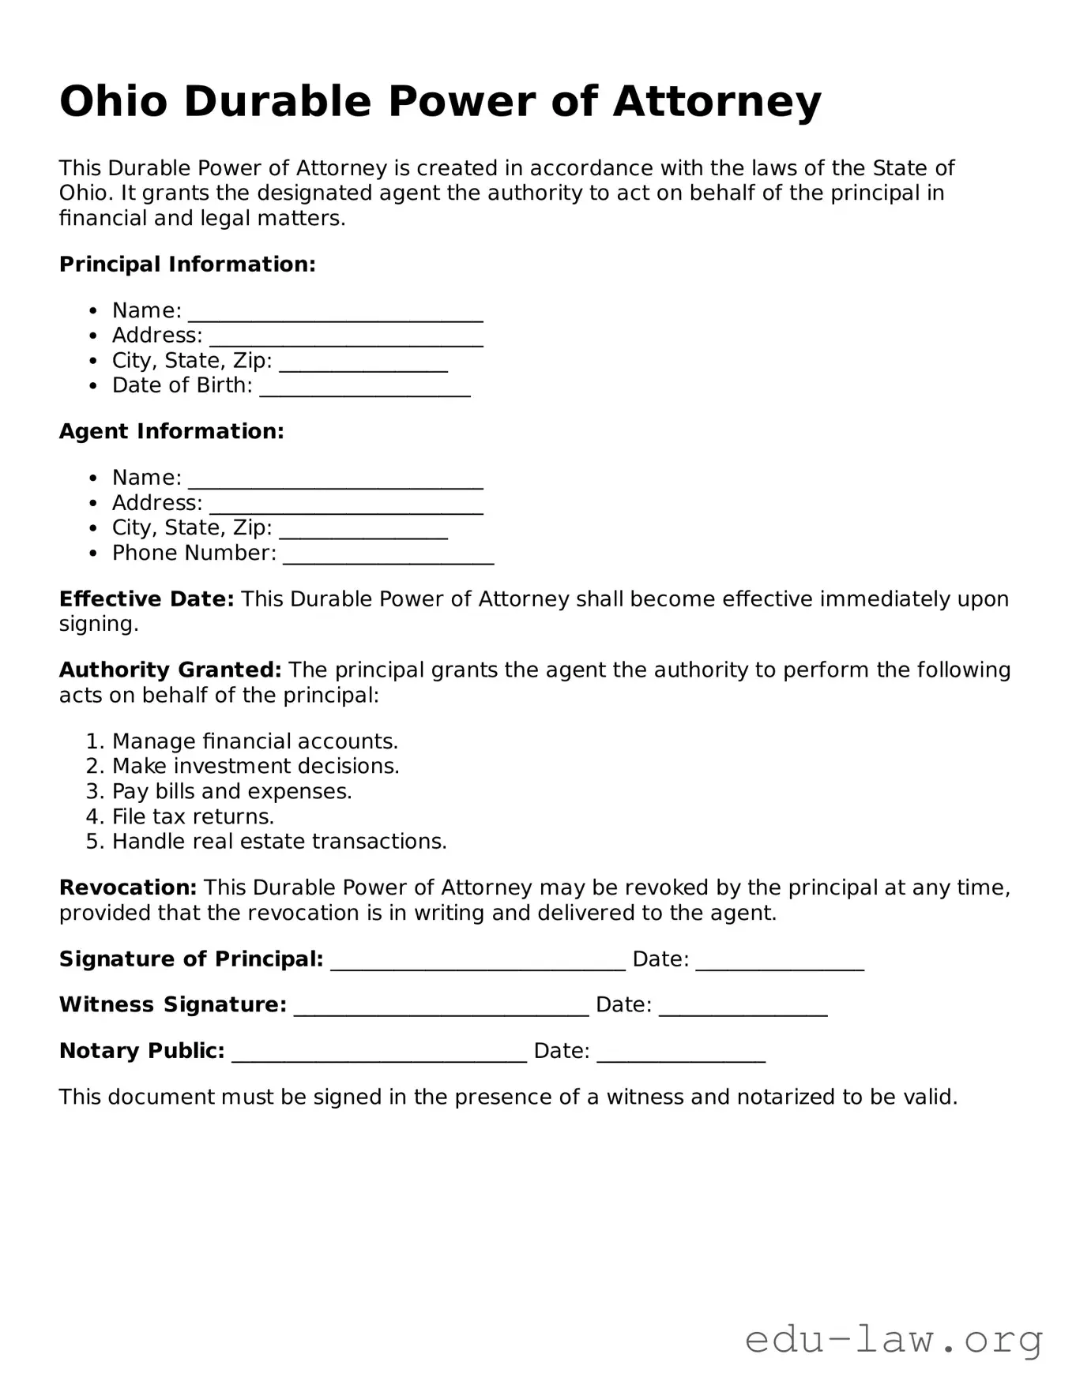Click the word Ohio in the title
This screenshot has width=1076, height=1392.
tap(114, 103)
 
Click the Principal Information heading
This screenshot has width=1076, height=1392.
tap(187, 265)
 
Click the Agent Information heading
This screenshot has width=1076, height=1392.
tap(171, 432)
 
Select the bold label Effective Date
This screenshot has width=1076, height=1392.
tap(146, 599)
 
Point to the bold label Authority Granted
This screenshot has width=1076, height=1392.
tap(170, 670)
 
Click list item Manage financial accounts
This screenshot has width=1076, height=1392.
tap(254, 741)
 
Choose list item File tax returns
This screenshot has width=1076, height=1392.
tap(193, 816)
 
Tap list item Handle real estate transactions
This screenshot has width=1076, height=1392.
tap(279, 842)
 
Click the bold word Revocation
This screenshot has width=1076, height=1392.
tap(127, 888)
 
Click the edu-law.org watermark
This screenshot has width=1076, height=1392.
tap(894, 1341)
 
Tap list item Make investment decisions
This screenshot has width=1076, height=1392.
tap(255, 767)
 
